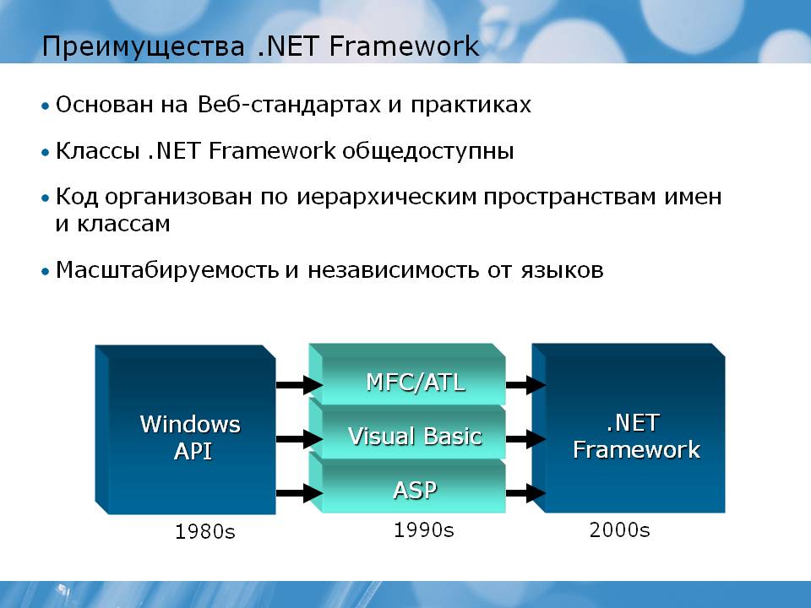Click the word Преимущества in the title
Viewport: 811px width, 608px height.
coord(143,46)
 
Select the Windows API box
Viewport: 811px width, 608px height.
coord(185,430)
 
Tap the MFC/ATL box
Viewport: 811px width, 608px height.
coord(407,374)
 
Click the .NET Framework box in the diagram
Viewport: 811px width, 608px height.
coord(629,428)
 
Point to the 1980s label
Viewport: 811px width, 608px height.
coord(204,531)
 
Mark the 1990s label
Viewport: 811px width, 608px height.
coord(423,530)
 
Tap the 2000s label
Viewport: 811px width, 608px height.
coord(619,530)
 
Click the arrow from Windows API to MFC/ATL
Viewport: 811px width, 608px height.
coord(299,385)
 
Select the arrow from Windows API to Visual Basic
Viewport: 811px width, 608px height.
coord(299,439)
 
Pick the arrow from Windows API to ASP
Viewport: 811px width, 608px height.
coord(299,492)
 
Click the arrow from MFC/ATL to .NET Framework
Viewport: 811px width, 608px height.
coord(525,385)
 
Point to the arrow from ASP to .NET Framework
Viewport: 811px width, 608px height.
coord(525,492)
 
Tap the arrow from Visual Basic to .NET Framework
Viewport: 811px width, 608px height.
coord(525,439)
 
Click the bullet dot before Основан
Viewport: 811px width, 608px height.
coord(46,106)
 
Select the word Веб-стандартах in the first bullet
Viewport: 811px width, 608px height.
coord(289,105)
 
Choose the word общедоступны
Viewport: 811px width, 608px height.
coord(427,152)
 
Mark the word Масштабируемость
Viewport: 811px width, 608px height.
coord(167,270)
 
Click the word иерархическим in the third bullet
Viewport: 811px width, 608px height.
coord(386,198)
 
